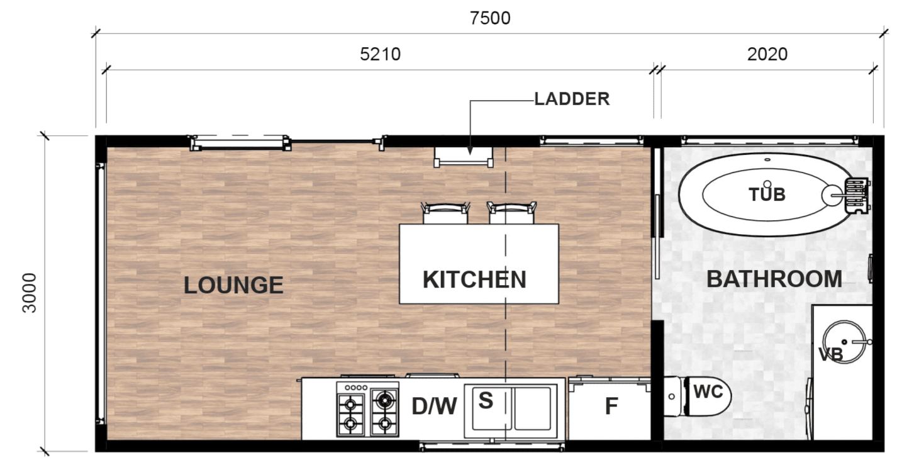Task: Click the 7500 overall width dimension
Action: [x=490, y=18]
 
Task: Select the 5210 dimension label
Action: [x=381, y=54]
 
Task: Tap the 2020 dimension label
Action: [x=767, y=54]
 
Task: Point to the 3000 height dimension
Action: [x=30, y=293]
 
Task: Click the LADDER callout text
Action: [x=572, y=99]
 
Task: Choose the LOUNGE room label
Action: [x=233, y=285]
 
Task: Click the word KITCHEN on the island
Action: [x=474, y=279]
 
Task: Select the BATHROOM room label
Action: [x=774, y=279]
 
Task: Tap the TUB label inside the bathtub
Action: [x=767, y=194]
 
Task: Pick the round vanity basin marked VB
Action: [x=844, y=342]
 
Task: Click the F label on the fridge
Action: [x=611, y=407]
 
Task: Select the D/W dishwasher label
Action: [x=434, y=407]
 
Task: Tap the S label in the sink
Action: [x=486, y=400]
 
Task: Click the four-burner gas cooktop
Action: [x=367, y=410]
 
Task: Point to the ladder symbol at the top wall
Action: [x=464, y=157]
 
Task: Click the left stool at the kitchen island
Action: [x=445, y=213]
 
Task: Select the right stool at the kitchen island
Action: [x=511, y=213]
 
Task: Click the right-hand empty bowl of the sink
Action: [x=533, y=408]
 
